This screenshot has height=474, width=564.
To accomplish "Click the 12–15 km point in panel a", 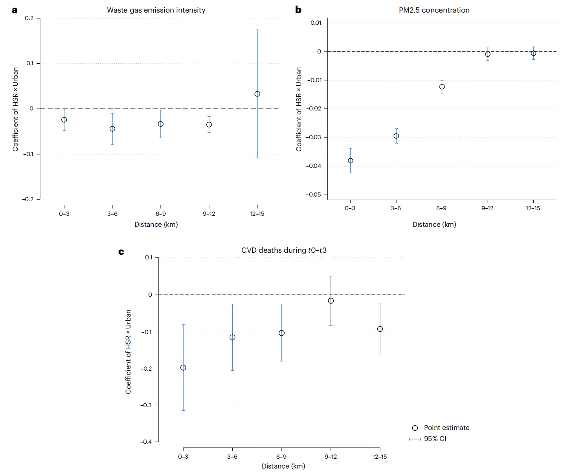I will click(x=257, y=94).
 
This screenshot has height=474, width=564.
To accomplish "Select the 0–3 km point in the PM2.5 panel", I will click(x=350, y=161).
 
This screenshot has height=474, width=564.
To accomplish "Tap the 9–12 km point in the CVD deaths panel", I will click(x=331, y=301).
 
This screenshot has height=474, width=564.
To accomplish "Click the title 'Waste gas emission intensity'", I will click(x=156, y=10).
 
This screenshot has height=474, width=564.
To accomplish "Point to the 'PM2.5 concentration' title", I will click(x=434, y=10).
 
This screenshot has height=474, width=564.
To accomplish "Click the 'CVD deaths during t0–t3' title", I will click(x=284, y=250).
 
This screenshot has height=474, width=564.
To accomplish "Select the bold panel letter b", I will click(x=298, y=10).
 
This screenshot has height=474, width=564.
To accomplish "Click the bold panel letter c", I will click(x=121, y=252).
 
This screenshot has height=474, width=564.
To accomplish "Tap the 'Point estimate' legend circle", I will click(x=415, y=428).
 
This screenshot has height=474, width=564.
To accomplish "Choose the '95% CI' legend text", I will click(x=435, y=439).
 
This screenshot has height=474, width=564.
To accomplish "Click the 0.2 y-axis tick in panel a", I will click(x=29, y=18).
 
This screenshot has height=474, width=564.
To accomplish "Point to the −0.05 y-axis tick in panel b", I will click(x=314, y=195).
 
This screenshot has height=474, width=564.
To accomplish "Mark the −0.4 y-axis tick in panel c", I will click(x=146, y=442).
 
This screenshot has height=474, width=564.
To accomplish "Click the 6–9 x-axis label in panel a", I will click(x=161, y=214).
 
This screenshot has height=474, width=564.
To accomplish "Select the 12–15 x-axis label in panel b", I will click(x=533, y=208).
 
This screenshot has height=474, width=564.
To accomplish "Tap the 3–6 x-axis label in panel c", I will click(x=232, y=457).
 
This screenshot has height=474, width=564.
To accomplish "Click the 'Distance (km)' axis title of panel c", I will click(x=283, y=466).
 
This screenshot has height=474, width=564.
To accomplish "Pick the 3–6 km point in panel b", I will click(x=396, y=136).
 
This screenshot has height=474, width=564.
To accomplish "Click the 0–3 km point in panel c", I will click(x=183, y=367).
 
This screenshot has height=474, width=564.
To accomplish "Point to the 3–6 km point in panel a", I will click(x=112, y=129).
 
